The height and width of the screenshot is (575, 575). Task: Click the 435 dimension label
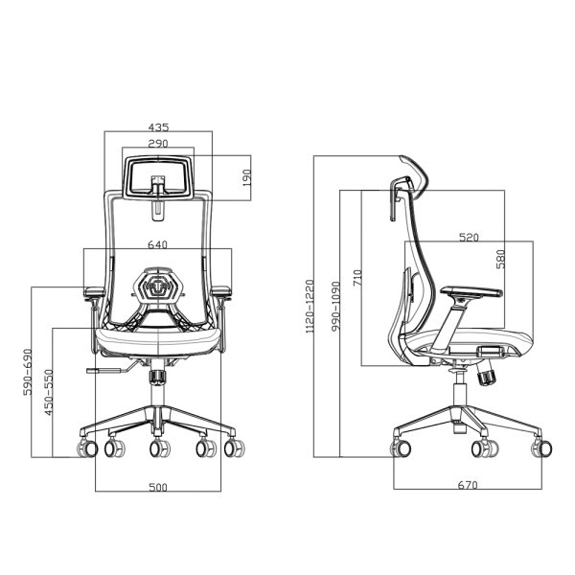(x=159, y=127)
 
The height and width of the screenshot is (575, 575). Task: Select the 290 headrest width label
(x=158, y=144)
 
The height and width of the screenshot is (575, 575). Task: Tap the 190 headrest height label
(x=247, y=178)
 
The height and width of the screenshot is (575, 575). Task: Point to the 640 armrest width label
(x=158, y=244)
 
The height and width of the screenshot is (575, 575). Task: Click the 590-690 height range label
(x=28, y=372)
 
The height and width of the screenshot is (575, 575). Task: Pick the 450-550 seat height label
(x=49, y=392)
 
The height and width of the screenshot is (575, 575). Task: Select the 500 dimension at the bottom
(x=158, y=488)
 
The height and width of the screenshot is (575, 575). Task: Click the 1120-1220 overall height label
(x=310, y=307)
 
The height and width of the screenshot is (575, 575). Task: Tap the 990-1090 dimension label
(x=335, y=307)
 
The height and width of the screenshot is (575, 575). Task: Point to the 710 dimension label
(x=357, y=278)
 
